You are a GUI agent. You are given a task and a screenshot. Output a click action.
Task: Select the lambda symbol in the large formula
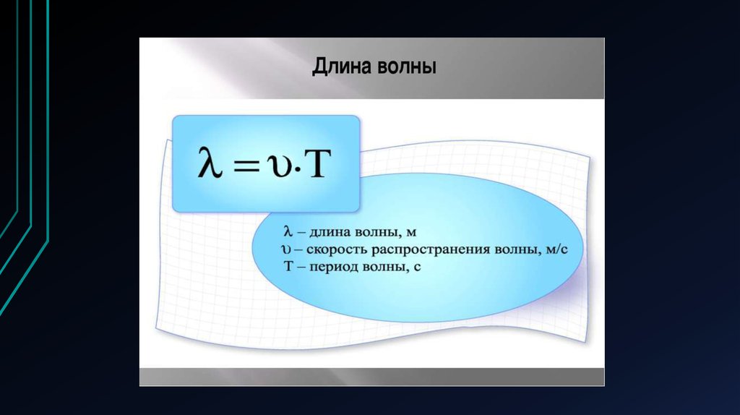click(x=210, y=162)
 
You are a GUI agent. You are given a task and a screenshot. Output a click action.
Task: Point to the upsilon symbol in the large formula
click(x=279, y=166)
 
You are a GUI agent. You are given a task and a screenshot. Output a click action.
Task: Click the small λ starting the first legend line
click(x=288, y=231)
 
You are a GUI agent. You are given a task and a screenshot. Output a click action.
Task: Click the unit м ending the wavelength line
click(x=411, y=233)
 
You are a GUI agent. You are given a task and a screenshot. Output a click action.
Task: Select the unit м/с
click(x=557, y=249)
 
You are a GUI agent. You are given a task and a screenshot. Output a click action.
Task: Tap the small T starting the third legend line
click(x=288, y=266)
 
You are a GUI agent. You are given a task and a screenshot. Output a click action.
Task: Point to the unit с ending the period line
click(x=417, y=268)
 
